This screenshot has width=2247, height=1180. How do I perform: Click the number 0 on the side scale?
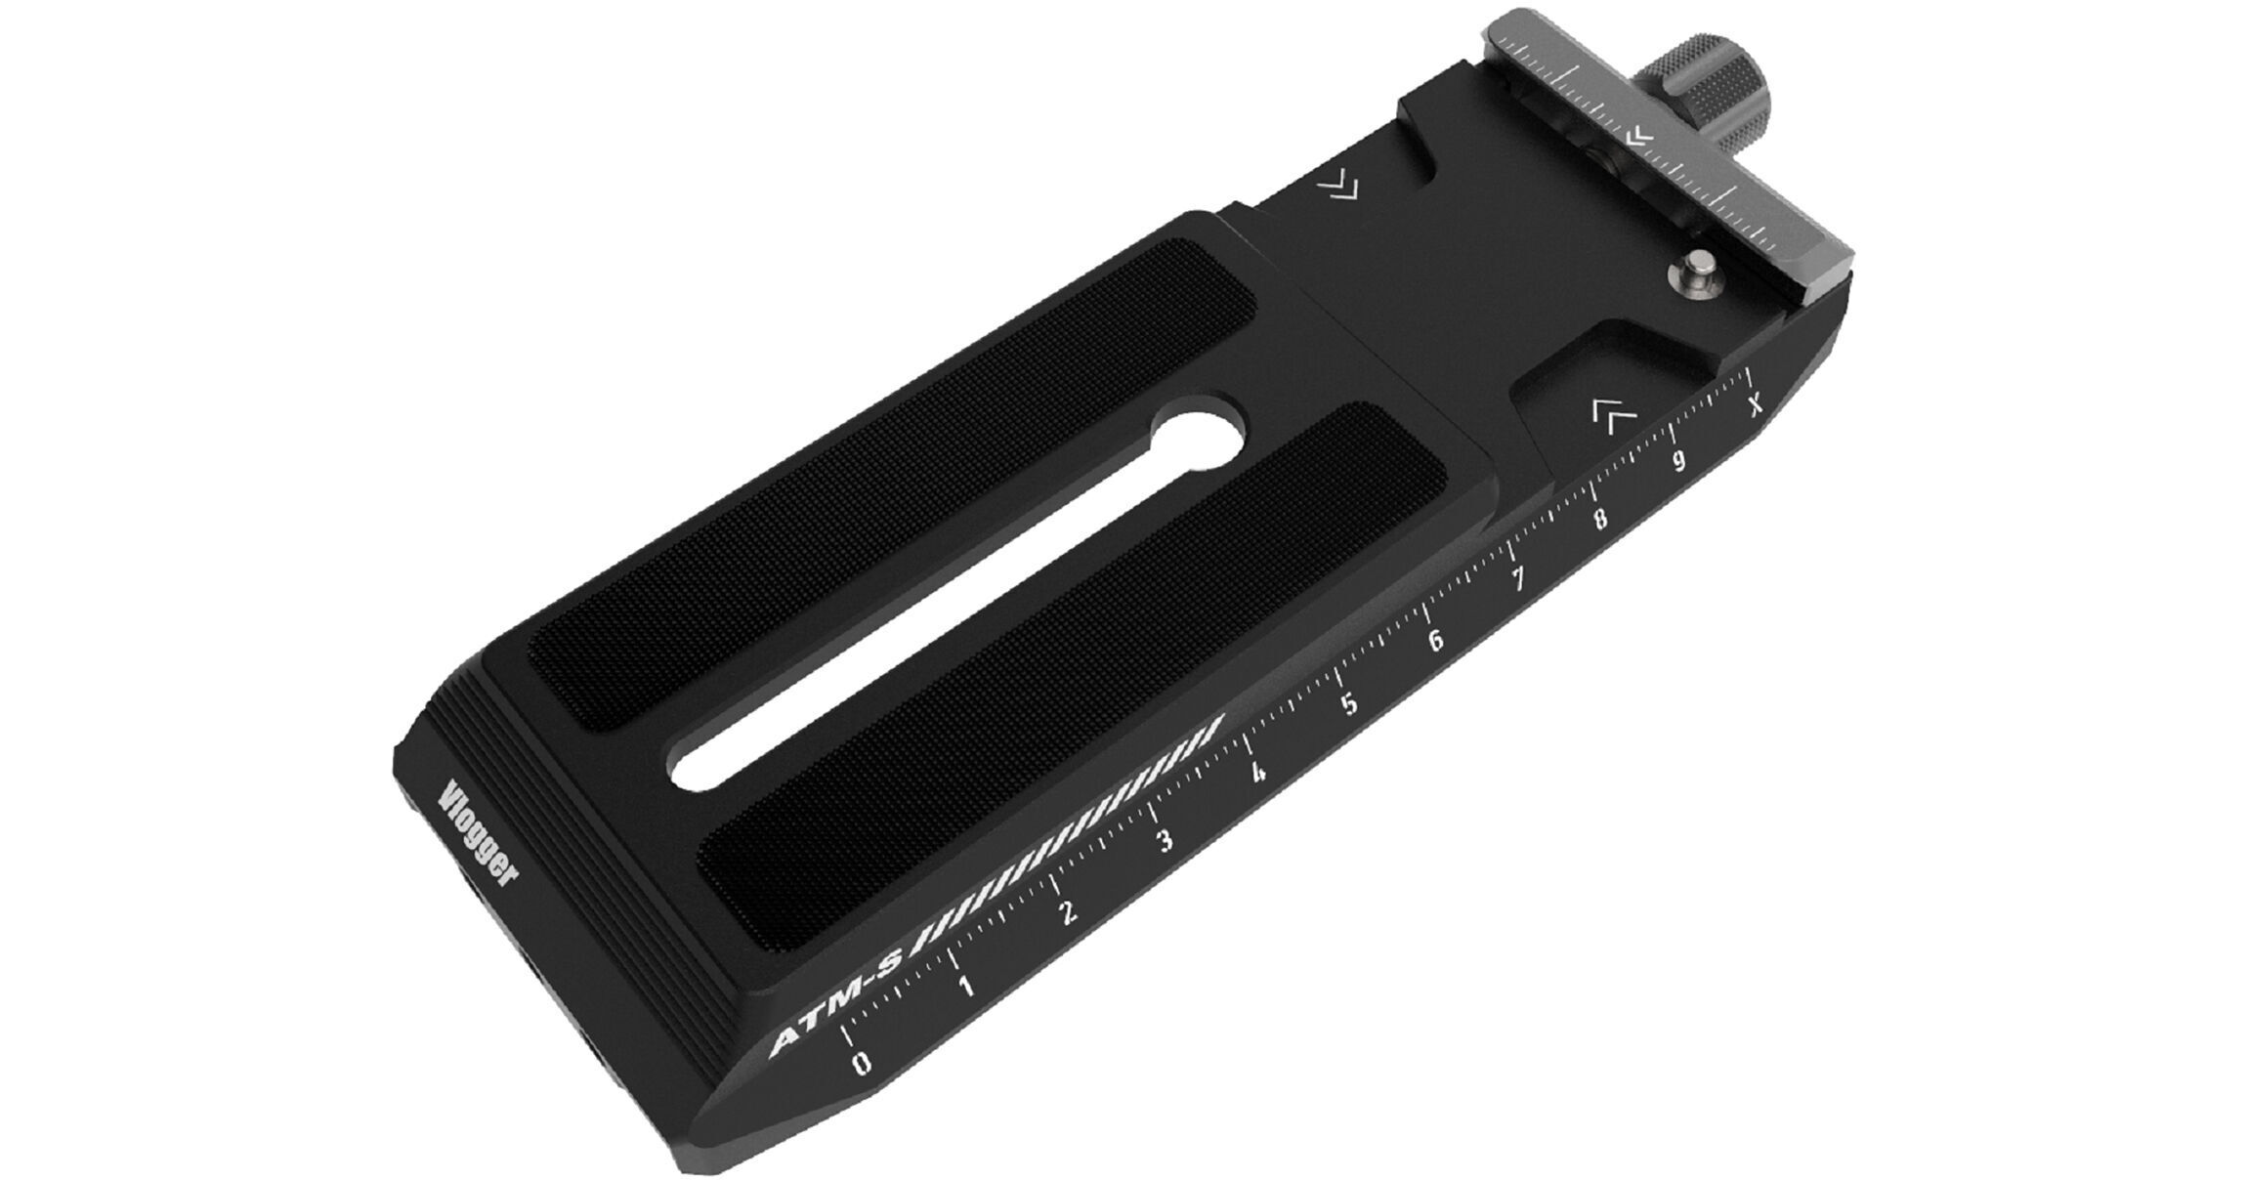pos(861,1063)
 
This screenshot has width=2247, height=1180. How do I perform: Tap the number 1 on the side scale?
pos(966,987)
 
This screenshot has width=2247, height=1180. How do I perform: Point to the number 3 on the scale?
pos(1164,840)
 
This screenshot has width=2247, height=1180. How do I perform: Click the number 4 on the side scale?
pos(1258,774)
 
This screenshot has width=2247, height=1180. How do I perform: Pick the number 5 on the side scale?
pos(1349,704)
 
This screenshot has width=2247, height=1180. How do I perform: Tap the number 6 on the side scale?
pos(1435,641)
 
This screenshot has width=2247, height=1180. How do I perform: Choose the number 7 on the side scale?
pos(1518,580)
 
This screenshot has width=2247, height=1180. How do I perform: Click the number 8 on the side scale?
pos(1599,519)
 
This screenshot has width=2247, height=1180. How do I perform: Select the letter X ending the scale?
pos(1756,402)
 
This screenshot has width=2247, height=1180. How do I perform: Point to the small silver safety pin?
pos(1702,272)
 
